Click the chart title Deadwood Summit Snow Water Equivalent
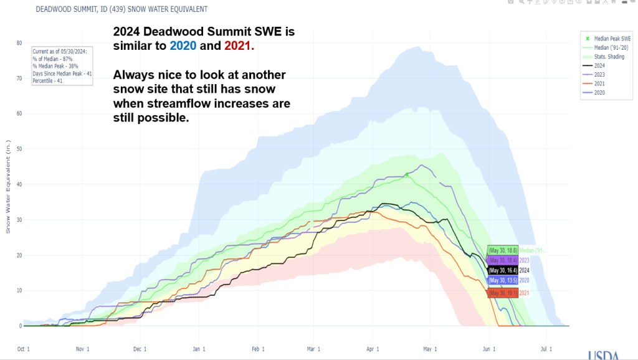tap(121, 10)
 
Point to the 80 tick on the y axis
tap(19, 43)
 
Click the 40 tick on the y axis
tap(19, 184)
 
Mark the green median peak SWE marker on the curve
tap(407, 175)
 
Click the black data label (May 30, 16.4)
tap(503, 270)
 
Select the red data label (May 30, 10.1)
tap(503, 293)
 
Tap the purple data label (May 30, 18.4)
tap(503, 260)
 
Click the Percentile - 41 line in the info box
tap(49, 80)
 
